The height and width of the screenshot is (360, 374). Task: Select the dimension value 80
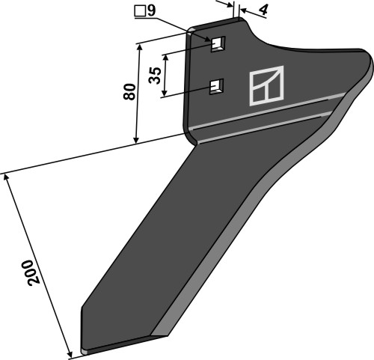129,93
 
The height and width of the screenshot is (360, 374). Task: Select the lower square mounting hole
217,87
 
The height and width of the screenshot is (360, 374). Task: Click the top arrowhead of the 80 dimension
139,45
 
